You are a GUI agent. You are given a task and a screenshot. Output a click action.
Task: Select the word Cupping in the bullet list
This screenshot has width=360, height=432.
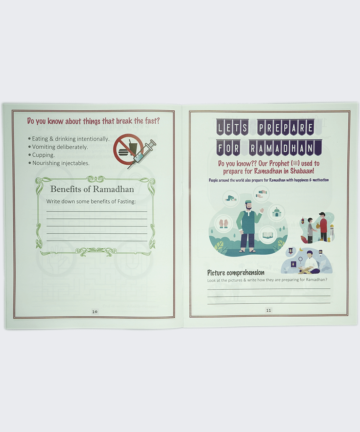tap(43, 155)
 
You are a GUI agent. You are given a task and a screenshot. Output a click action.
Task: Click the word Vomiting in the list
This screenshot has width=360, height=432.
tap(44, 147)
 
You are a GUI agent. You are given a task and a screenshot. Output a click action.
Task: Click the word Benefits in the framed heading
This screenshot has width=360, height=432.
tap(65, 189)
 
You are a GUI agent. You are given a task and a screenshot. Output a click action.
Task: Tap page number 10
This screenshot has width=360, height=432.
tap(95, 312)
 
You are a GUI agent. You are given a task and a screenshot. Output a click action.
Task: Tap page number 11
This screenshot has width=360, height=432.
tap(269, 310)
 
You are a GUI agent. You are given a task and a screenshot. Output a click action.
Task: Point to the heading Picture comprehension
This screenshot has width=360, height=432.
tap(236, 273)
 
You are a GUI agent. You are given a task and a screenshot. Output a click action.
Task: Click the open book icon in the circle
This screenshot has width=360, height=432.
tap(268, 234)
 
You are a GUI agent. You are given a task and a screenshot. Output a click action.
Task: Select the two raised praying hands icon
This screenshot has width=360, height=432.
tap(224, 224)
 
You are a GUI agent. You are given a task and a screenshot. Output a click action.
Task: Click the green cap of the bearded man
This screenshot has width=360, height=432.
tap(248, 202)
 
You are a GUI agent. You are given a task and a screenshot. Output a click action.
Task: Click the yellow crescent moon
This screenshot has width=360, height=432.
tap(301, 250)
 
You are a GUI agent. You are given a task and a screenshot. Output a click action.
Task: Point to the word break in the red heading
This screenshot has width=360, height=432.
tap(124, 121)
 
